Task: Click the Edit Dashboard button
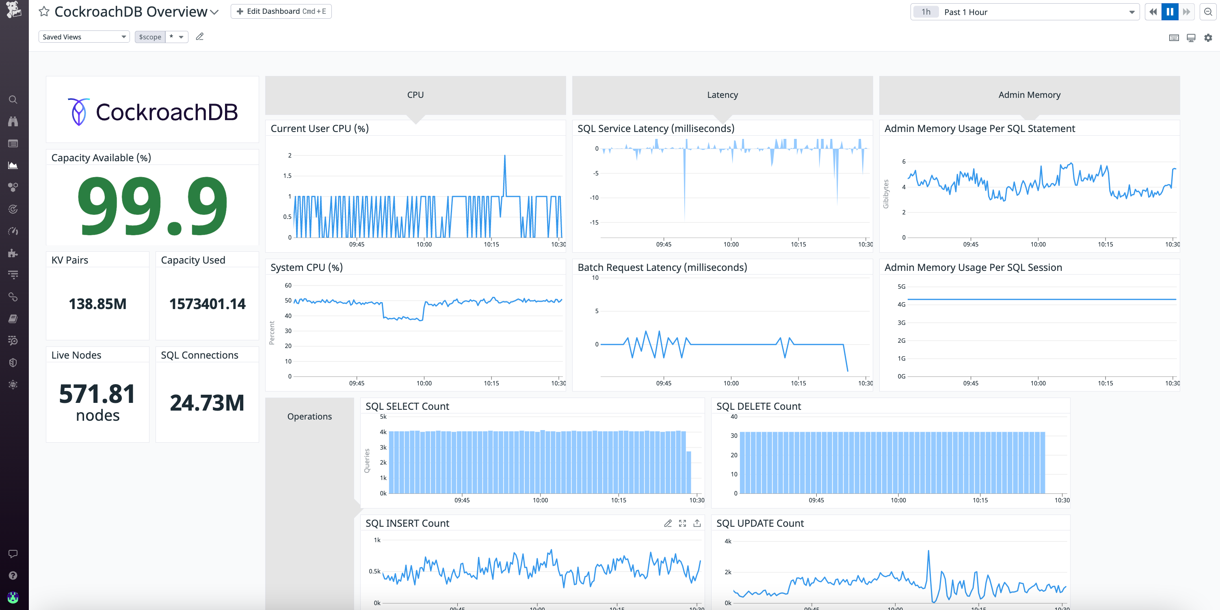point(281,11)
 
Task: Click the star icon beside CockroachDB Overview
point(44,11)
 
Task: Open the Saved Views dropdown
point(84,37)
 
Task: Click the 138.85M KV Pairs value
point(97,304)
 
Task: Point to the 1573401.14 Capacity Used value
point(208,304)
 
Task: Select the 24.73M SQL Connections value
point(207,403)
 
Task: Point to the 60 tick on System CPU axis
point(288,286)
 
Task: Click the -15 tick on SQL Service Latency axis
point(594,223)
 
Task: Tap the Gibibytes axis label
point(886,194)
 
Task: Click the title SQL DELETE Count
point(758,407)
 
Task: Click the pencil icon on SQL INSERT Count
point(668,523)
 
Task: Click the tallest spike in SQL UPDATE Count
point(928,551)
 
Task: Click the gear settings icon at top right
point(1208,38)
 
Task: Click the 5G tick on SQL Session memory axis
point(901,287)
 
